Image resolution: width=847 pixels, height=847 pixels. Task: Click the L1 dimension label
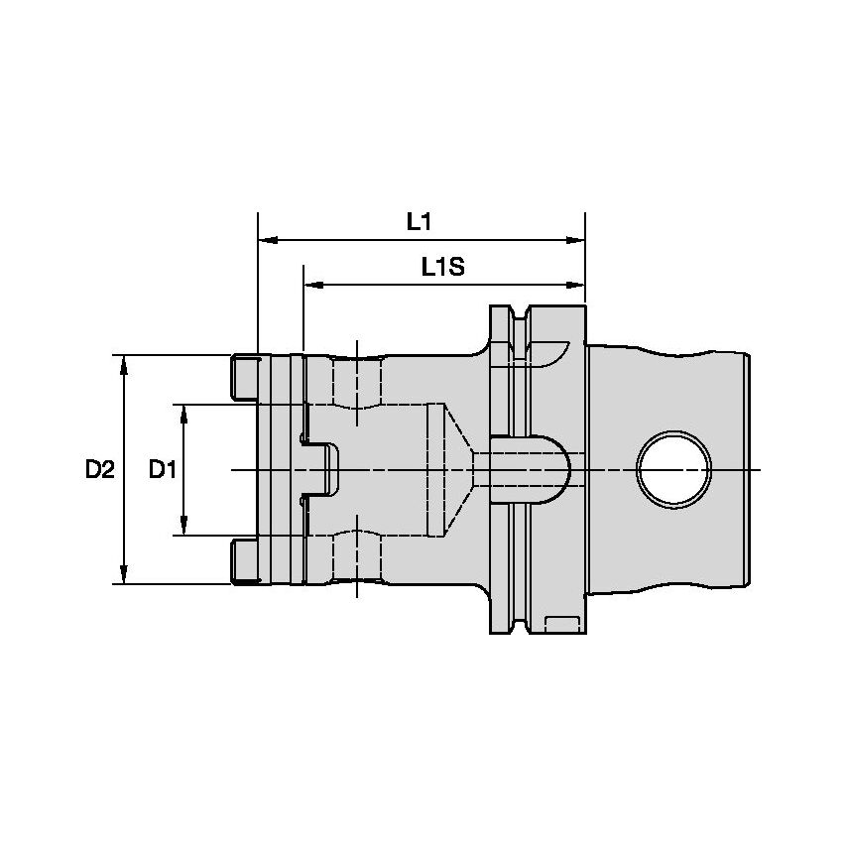420,222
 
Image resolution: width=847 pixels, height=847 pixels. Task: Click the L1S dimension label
443,267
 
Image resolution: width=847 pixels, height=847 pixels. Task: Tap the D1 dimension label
163,469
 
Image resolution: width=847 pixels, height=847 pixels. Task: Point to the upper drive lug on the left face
244,378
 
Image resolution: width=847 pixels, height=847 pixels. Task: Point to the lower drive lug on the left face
244,560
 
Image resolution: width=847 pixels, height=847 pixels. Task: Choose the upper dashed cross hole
356,387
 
